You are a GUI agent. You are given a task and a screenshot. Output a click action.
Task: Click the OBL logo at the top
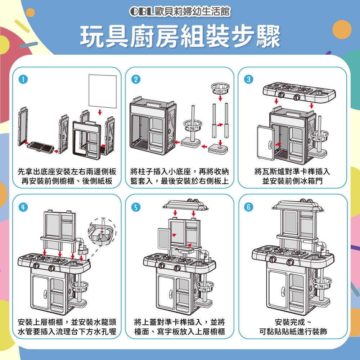click(141, 12)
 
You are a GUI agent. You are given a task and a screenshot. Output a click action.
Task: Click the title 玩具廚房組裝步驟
click(180, 36)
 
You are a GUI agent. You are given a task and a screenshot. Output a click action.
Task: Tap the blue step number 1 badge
click(23, 80)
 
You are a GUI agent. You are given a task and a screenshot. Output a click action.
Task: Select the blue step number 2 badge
click(136, 80)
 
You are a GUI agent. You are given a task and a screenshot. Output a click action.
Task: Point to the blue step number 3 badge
click(248, 80)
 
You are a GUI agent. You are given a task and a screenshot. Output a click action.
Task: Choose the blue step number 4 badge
click(23, 207)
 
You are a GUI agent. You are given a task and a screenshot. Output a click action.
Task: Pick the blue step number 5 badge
click(136, 207)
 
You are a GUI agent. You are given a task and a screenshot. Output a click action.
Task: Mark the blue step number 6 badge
click(248, 207)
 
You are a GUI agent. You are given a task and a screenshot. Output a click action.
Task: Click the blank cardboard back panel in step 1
click(103, 91)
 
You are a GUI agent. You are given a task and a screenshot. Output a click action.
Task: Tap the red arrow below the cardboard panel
click(100, 112)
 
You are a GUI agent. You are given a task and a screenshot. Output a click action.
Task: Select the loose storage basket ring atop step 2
click(220, 89)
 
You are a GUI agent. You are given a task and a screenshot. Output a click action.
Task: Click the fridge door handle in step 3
click(270, 145)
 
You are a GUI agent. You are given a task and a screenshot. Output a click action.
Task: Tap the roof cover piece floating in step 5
click(185, 205)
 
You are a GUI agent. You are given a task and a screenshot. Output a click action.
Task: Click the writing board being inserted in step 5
click(164, 239)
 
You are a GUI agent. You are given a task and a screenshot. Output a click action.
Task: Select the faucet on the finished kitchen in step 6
click(322, 247)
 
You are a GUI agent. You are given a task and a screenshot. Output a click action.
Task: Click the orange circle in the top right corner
click(342, 30)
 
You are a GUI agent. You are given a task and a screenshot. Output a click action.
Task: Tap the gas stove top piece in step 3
click(299, 92)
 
